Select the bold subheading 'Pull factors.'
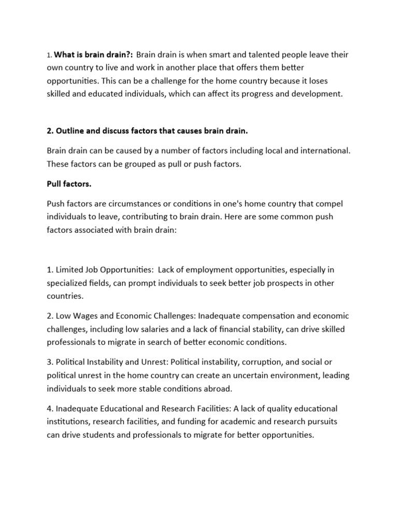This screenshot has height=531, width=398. tap(69, 184)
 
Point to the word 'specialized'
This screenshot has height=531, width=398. tap(68, 283)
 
